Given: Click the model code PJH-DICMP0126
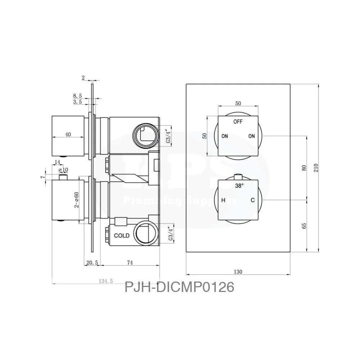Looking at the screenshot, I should [179, 287].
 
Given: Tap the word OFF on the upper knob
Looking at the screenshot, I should [238, 122].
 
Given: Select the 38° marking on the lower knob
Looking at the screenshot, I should [239, 186].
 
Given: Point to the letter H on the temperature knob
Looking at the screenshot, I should [223, 201].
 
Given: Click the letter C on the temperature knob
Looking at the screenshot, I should [253, 201].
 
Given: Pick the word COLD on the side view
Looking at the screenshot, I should [122, 236].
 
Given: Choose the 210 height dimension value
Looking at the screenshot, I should [316, 168].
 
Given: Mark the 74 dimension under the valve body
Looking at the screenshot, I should [130, 263].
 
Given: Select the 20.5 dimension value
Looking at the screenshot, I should [92, 263].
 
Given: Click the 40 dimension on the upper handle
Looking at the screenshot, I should [68, 134].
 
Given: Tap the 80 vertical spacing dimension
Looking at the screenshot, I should [304, 168].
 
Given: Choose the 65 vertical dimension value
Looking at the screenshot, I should [304, 226].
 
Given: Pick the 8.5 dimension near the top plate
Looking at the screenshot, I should [77, 96].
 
